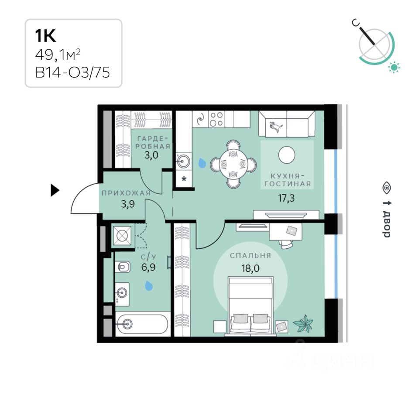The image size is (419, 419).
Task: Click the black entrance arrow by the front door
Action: pos(55,190)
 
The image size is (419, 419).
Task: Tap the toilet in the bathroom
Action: pos(123,266)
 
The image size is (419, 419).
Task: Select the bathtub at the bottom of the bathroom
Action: pos(141,323)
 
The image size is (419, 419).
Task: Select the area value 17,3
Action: pos(286,198)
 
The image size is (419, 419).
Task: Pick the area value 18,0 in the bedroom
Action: pos(251,268)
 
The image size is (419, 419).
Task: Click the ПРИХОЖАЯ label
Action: pos(126,193)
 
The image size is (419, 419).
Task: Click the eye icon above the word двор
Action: pos(386,188)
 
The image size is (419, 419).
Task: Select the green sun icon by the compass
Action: pos(395,67)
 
